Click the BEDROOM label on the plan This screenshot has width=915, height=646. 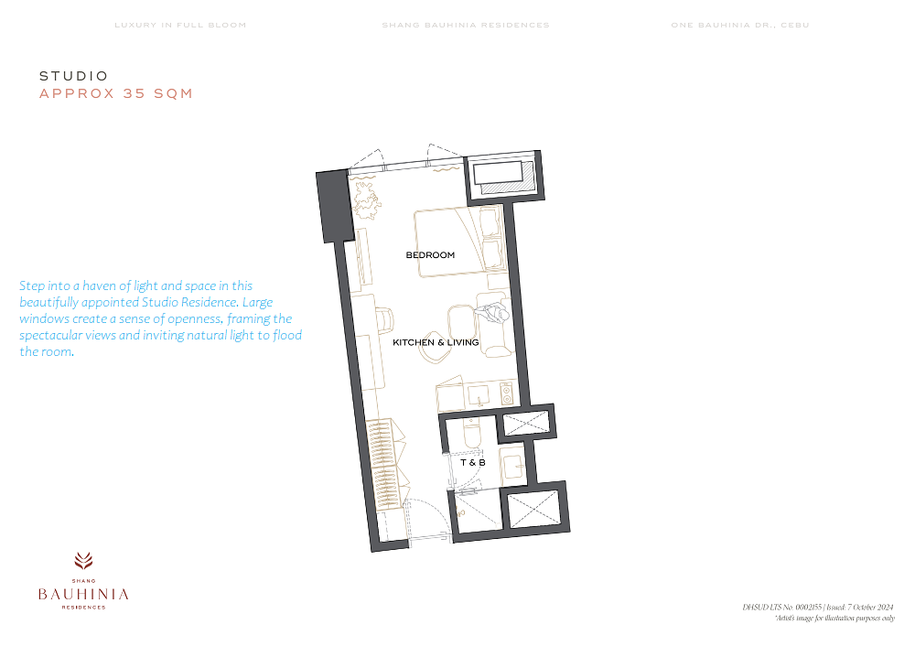pos(430,255)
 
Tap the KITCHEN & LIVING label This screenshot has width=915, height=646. pos(436,342)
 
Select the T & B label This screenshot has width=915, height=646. pos(473,463)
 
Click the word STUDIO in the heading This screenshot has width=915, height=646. pos(74,76)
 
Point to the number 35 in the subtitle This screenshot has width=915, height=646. pos(135,93)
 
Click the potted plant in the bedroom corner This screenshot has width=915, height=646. pos(366,200)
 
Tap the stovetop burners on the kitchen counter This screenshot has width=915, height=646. pos(507,393)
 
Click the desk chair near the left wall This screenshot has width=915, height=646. pos(384,319)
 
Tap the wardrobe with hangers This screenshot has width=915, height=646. pos(384,465)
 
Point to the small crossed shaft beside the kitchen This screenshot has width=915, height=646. pos(526,423)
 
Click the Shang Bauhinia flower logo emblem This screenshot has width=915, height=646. pos(83,561)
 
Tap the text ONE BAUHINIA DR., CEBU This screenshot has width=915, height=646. pos(740,25)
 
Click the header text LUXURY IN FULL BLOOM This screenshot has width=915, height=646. pos(180,25)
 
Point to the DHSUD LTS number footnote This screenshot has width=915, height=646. pos(817,607)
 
